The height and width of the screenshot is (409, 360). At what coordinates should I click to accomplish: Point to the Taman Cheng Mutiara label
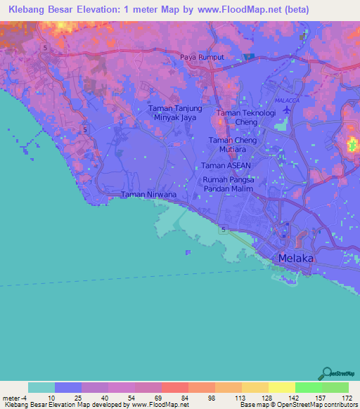232,145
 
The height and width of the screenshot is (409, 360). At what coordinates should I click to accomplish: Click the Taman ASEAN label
226,165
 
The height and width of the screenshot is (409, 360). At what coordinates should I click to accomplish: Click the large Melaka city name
296,259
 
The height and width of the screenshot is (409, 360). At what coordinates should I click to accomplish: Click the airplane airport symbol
284,127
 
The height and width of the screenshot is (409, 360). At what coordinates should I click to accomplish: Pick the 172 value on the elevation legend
347,398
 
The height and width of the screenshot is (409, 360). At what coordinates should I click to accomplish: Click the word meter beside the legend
11,398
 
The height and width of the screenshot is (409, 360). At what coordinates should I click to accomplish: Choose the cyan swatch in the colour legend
41,387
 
